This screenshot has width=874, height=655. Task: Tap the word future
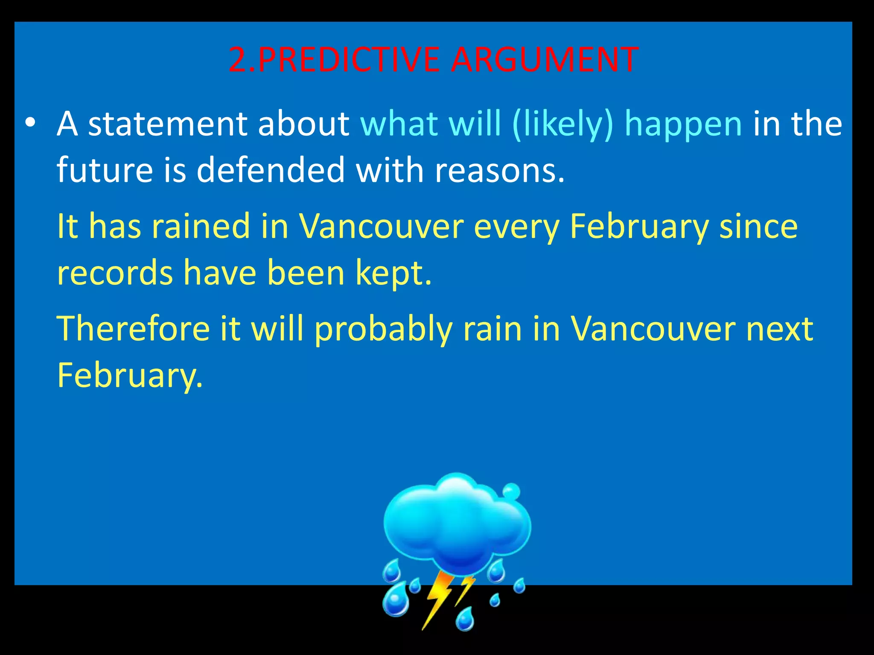(105, 170)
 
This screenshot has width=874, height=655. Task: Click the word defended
(271, 170)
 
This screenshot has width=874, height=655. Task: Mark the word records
(115, 273)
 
